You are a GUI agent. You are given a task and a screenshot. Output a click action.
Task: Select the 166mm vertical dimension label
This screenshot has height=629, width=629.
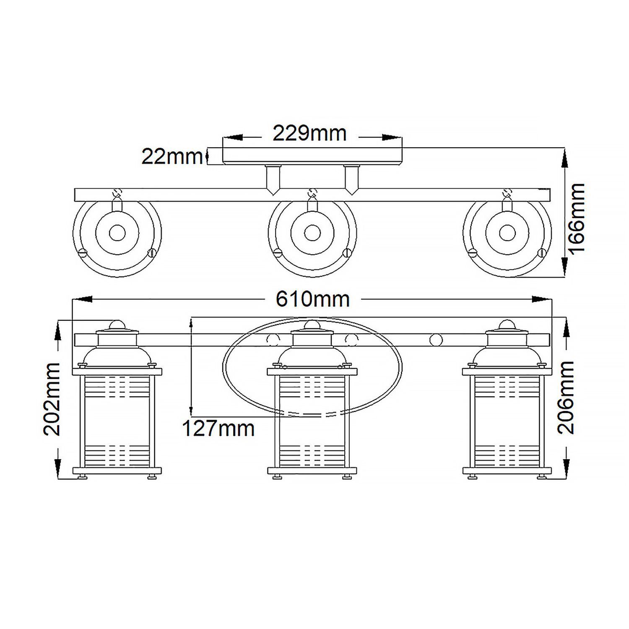577,218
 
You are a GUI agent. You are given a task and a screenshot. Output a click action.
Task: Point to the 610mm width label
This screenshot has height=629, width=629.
312,299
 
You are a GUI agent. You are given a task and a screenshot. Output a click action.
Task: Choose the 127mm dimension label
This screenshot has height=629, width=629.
218,429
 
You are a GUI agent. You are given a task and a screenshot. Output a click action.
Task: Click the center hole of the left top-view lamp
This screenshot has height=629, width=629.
117,232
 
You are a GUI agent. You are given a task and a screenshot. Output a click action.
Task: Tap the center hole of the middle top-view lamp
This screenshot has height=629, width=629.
312,232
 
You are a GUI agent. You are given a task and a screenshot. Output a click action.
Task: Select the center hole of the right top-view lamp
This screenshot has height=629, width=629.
507,232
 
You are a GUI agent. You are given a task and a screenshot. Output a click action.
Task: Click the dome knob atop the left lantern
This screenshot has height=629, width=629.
117,325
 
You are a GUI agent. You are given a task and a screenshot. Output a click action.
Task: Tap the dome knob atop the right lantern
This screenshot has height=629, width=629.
507,325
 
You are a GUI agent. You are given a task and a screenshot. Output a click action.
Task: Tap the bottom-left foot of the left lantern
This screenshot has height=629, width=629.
83,476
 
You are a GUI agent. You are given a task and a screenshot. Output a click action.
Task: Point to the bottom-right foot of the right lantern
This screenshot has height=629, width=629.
541,476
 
